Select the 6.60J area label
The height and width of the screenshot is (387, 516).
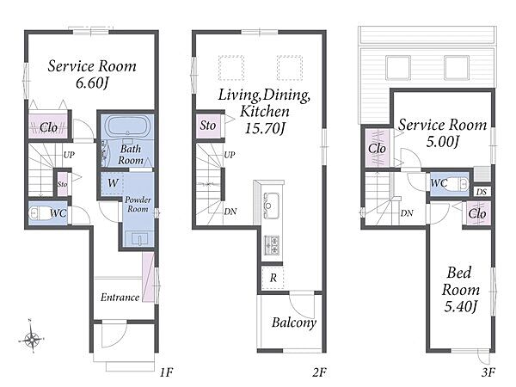pos(92,83)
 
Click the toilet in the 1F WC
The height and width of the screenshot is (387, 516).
pos(38,213)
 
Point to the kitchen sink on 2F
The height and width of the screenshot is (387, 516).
pos(272,205)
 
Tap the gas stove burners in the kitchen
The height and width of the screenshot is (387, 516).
pos(272,244)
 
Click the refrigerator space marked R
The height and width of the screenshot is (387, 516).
pos(273,278)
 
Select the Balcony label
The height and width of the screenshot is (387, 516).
pos(294,322)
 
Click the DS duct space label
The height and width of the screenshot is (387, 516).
pos(481,192)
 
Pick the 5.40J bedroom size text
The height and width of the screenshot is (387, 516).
pos(460,307)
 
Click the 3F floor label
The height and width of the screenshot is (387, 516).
pos(488,372)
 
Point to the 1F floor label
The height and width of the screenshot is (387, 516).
pos(167,372)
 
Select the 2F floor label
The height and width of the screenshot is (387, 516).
pos(320,372)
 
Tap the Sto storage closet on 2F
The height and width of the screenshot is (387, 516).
pos(208,126)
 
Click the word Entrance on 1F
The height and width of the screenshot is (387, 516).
pos(120,298)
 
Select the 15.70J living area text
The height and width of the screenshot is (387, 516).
pos(265,128)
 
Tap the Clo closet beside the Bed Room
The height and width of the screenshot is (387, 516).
pos(477,213)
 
